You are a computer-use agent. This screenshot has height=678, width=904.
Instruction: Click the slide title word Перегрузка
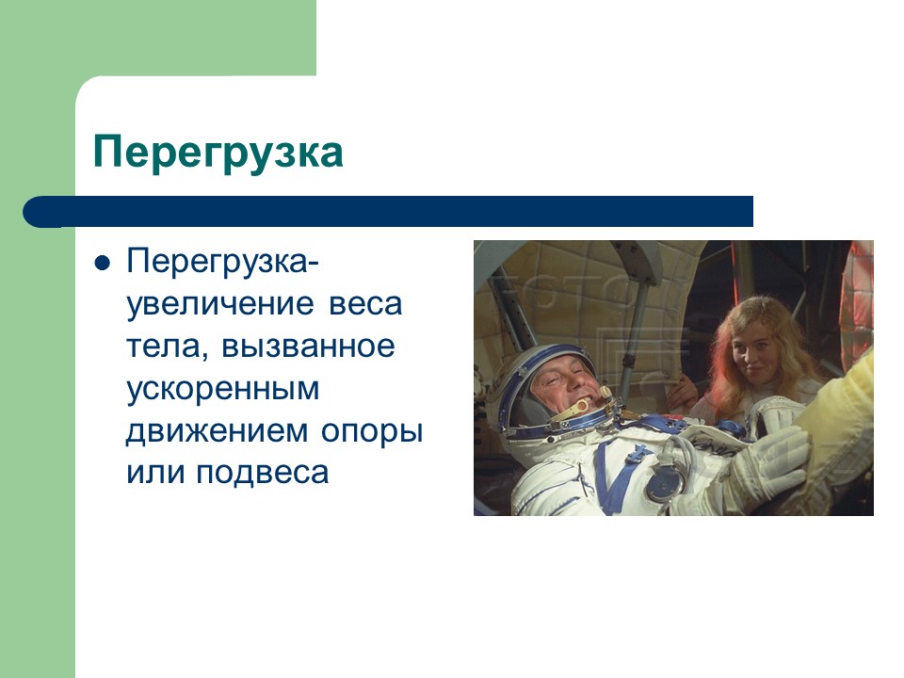click(x=218, y=152)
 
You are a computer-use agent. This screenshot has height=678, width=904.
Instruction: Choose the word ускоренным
click(x=223, y=389)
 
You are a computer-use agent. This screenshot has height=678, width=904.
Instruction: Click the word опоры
click(x=372, y=430)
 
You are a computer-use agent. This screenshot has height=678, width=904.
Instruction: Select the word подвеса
click(x=263, y=472)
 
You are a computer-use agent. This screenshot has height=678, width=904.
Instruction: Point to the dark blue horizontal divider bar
click(x=395, y=211)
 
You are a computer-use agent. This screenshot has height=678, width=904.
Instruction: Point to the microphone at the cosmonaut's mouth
click(x=583, y=406)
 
